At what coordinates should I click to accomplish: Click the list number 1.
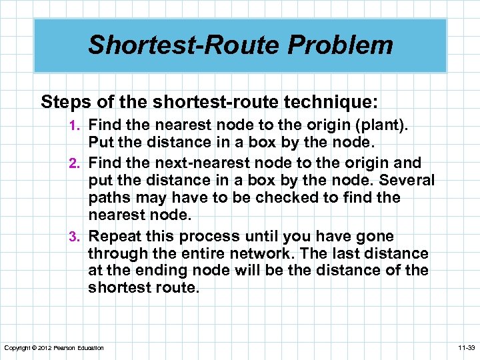pos(78,125)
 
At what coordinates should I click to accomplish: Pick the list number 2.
pos(78,163)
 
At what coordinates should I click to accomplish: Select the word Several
pos(406,180)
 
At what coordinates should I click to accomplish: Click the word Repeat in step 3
pos(114,237)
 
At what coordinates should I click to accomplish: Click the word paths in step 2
pos(109,197)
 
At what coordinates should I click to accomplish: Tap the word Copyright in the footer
pos(17,348)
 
